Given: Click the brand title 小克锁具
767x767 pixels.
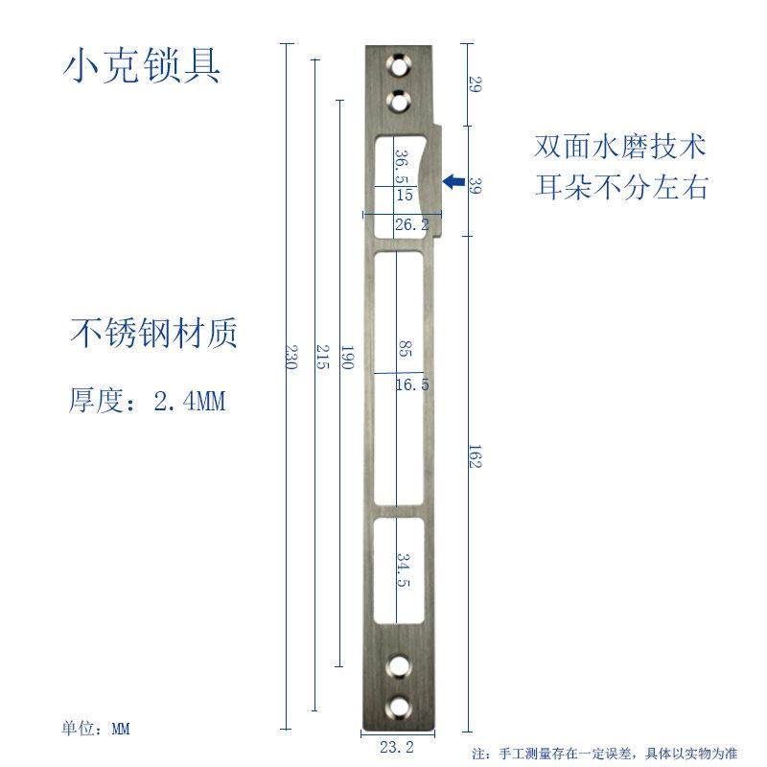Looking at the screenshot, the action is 143,65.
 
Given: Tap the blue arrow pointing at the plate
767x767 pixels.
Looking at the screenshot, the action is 453,180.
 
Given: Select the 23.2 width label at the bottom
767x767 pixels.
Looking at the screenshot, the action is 395,748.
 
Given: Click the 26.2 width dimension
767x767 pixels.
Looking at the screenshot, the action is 411,224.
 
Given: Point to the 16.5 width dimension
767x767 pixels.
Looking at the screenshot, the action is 411,384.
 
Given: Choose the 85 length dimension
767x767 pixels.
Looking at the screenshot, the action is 404,351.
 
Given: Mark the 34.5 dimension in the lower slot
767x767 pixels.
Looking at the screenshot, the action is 404,572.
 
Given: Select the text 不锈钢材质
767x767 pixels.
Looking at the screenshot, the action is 153,333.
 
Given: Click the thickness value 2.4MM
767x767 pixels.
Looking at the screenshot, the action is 189,400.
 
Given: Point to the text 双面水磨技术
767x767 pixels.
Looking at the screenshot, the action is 620,147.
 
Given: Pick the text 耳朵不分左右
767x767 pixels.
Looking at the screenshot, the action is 620,186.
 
